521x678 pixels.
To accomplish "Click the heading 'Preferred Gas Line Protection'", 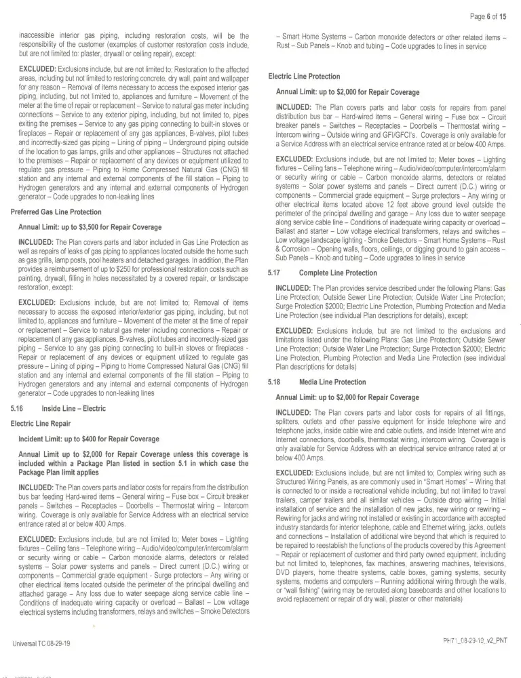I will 56,212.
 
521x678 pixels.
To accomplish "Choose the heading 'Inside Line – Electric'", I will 74,409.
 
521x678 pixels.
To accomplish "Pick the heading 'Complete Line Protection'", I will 338,273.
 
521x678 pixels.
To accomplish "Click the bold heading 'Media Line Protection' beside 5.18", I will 332,382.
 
